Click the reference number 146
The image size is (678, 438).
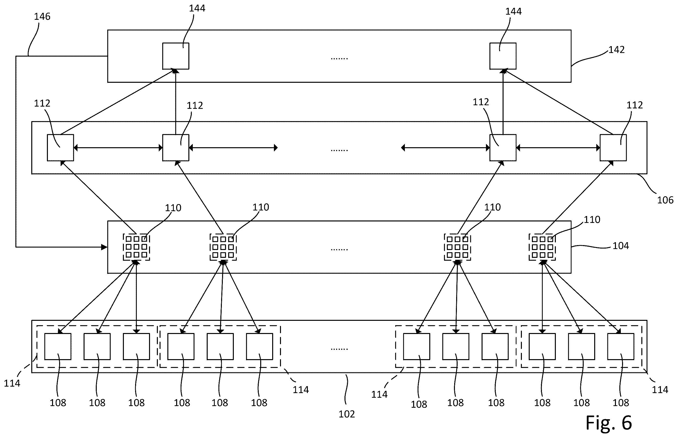pos(42,17)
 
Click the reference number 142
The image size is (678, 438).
pos(616,50)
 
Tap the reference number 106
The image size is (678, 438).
pos(665,200)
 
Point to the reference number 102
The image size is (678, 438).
pos(347,414)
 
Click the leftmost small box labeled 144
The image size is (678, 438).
pos(176,56)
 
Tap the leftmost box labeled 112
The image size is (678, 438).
pos(60,148)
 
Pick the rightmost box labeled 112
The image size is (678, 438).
pos(613,148)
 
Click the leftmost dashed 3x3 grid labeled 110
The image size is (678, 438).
pos(136,247)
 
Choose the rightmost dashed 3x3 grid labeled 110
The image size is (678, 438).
pos(542,247)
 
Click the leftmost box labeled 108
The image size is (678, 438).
pos(58,346)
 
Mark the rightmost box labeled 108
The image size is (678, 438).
pos(621,346)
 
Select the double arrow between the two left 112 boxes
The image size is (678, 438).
pos(118,148)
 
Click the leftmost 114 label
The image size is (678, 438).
pos(12,383)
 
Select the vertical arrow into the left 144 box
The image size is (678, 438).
pos(176,102)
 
